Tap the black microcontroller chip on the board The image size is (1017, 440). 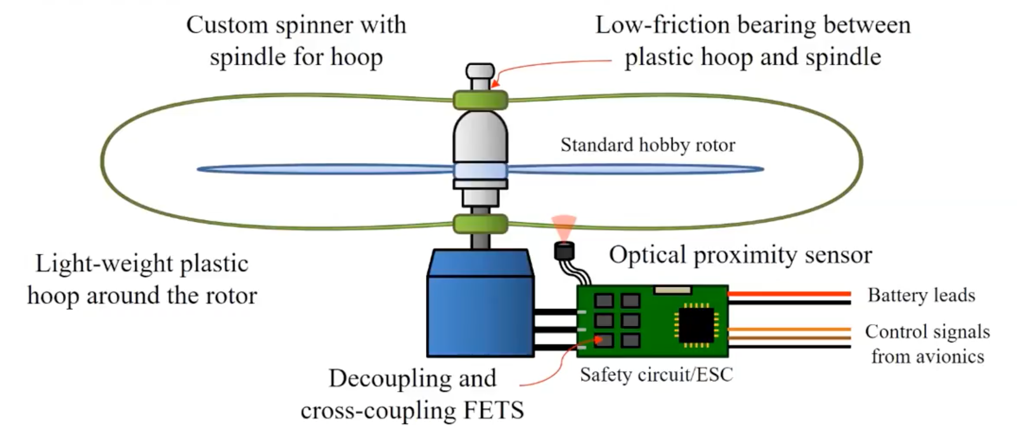[696, 326]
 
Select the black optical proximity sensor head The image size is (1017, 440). [564, 251]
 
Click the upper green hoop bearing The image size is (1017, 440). [480, 100]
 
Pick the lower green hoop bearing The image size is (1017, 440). [480, 224]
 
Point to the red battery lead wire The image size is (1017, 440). [789, 294]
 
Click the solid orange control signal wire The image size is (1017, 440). [789, 329]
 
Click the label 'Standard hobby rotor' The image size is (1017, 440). [648, 145]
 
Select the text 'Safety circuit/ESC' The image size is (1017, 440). [657, 375]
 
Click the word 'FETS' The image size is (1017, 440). [494, 411]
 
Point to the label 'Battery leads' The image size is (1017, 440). [921, 295]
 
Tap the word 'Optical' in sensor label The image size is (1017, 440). [648, 256]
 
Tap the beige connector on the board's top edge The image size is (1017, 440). [673, 290]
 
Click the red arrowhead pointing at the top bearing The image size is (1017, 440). [496, 83]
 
